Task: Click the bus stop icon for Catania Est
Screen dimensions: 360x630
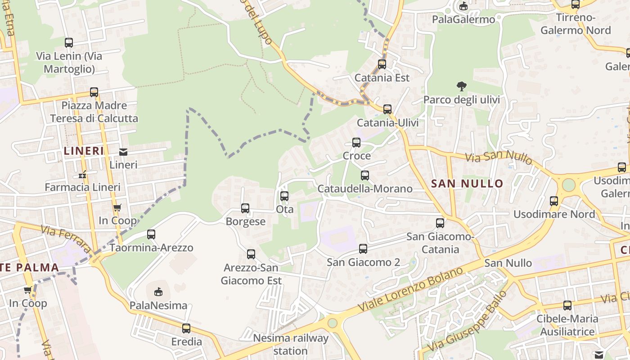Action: (382, 64)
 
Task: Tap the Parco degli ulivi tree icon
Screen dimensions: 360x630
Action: (461, 86)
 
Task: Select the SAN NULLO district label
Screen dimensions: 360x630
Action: (467, 184)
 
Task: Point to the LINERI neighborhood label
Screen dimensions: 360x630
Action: (84, 151)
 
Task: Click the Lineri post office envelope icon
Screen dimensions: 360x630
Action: (123, 152)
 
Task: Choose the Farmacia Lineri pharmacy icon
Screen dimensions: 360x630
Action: (82, 174)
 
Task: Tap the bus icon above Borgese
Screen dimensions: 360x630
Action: (245, 208)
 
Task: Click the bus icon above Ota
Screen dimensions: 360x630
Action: (284, 196)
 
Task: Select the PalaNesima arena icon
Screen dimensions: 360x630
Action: (158, 292)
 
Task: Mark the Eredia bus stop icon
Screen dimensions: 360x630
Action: (186, 328)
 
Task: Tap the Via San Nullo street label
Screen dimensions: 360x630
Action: (499, 157)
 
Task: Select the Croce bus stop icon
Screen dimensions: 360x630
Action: (356, 143)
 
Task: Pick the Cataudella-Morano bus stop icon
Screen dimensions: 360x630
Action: (365, 175)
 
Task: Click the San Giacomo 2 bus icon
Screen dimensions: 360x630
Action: (363, 249)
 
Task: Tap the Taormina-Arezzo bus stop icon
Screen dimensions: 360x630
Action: (151, 234)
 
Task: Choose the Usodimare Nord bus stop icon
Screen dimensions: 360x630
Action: (554, 201)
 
